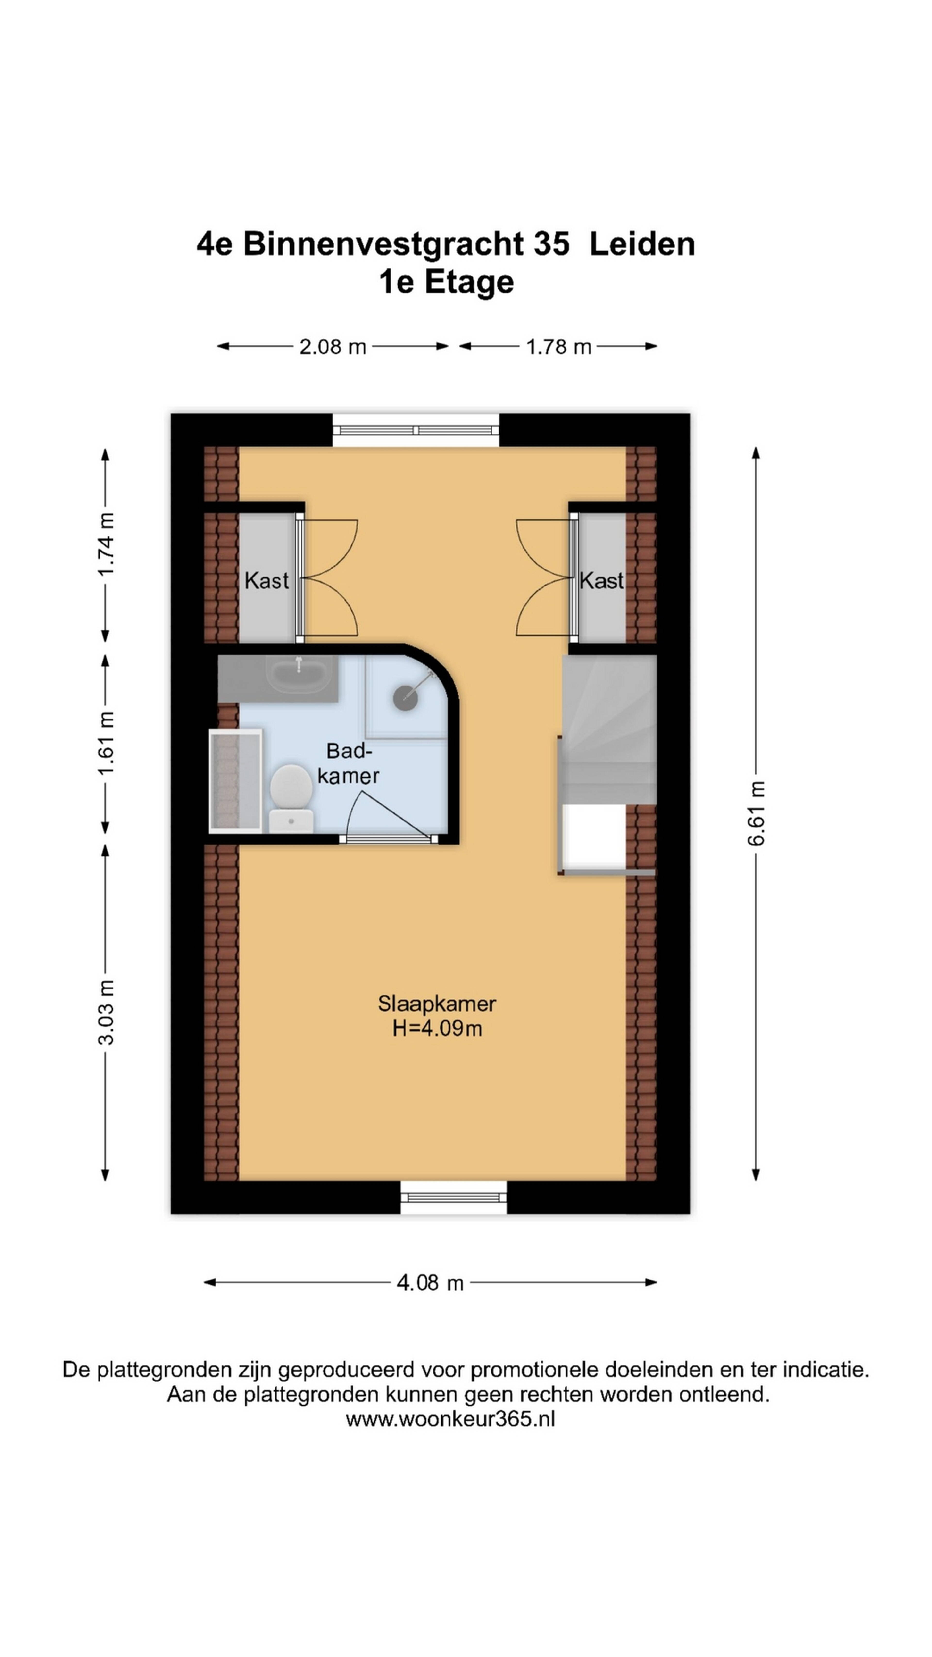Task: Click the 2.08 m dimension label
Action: [x=333, y=347]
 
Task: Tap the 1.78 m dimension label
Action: [x=558, y=347]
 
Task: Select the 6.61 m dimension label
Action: [x=757, y=813]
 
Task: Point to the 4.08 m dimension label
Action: [x=430, y=1283]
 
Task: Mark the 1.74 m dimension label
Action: [x=106, y=544]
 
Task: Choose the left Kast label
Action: [x=266, y=581]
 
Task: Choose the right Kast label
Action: [x=601, y=581]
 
